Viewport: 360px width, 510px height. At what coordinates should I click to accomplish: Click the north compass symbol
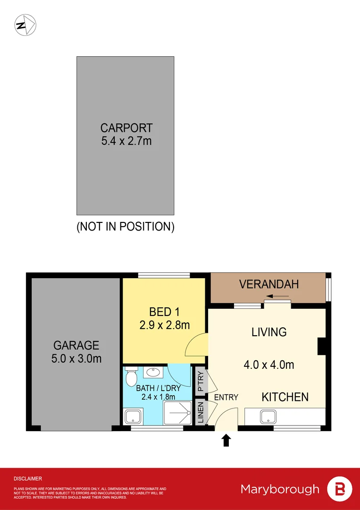tap(26, 25)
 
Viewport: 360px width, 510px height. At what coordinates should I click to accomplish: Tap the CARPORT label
tap(126, 128)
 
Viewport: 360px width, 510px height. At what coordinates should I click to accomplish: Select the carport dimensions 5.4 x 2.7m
tap(126, 141)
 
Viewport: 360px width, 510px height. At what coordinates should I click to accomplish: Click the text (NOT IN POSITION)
tap(126, 227)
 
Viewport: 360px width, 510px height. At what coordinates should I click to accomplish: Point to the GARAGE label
tap(76, 345)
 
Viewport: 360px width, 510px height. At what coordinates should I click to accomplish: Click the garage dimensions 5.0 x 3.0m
tap(76, 359)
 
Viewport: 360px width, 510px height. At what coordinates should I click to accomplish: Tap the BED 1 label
tap(164, 312)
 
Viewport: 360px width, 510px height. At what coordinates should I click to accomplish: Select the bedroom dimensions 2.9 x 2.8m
tap(164, 325)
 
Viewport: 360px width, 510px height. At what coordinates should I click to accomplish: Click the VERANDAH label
tap(269, 284)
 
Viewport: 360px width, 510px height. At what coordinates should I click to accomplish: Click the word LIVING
tap(269, 332)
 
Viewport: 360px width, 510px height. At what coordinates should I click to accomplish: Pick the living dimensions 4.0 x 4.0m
tap(269, 365)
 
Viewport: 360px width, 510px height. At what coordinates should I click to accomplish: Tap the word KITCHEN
tap(285, 397)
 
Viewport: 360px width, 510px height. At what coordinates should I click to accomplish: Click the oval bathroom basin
tap(152, 373)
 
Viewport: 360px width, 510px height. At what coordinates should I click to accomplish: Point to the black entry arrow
tap(226, 441)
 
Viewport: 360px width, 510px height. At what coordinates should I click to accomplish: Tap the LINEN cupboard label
tap(201, 413)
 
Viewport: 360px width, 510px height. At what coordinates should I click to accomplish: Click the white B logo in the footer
tap(340, 489)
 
